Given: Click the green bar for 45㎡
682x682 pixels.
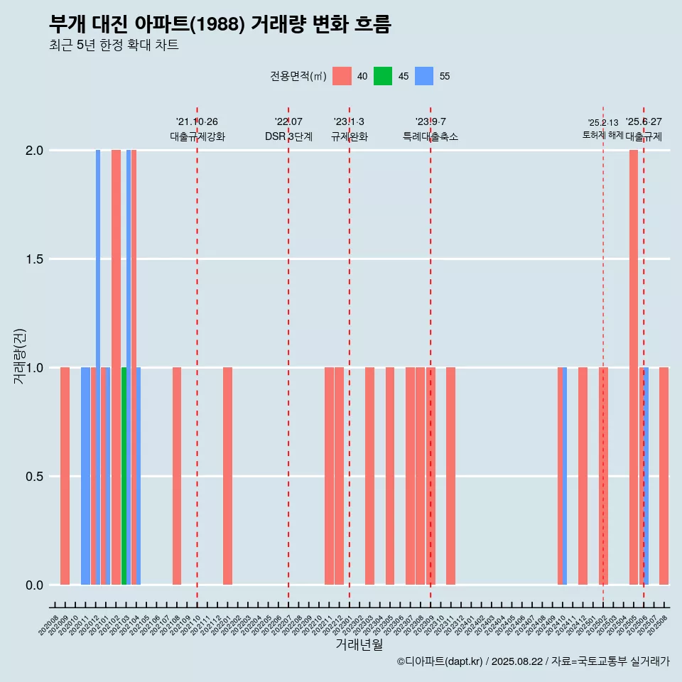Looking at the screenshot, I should (x=124, y=476).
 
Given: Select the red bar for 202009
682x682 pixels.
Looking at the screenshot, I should (x=65, y=476).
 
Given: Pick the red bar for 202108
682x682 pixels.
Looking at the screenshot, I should (x=177, y=476).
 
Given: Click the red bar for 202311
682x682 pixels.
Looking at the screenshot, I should (x=450, y=476).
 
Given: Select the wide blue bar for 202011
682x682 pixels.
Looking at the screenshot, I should (x=85, y=476).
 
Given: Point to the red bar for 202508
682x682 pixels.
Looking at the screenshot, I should (x=664, y=476).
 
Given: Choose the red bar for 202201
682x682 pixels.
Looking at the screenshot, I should (x=227, y=476).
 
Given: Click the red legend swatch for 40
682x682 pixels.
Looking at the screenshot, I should (x=342, y=76).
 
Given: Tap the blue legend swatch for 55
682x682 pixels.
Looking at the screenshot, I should (x=424, y=76).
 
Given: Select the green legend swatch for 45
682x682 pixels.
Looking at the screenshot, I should (x=383, y=76).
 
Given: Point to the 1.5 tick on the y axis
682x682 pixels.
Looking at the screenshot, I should (x=34, y=259).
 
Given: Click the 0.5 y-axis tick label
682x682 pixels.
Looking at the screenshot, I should (x=34, y=477).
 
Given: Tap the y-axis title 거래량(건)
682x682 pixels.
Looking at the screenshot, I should (x=19, y=356).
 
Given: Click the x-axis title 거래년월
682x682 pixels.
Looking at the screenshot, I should (x=359, y=644).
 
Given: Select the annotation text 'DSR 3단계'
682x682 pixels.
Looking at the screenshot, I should (x=288, y=136).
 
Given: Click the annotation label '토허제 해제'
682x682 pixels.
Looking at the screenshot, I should (x=602, y=135).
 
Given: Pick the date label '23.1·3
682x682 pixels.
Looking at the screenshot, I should (x=349, y=122).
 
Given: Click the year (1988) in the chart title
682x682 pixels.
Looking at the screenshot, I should (x=218, y=24).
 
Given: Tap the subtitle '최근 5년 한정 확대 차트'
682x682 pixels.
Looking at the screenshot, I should (x=114, y=45).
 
